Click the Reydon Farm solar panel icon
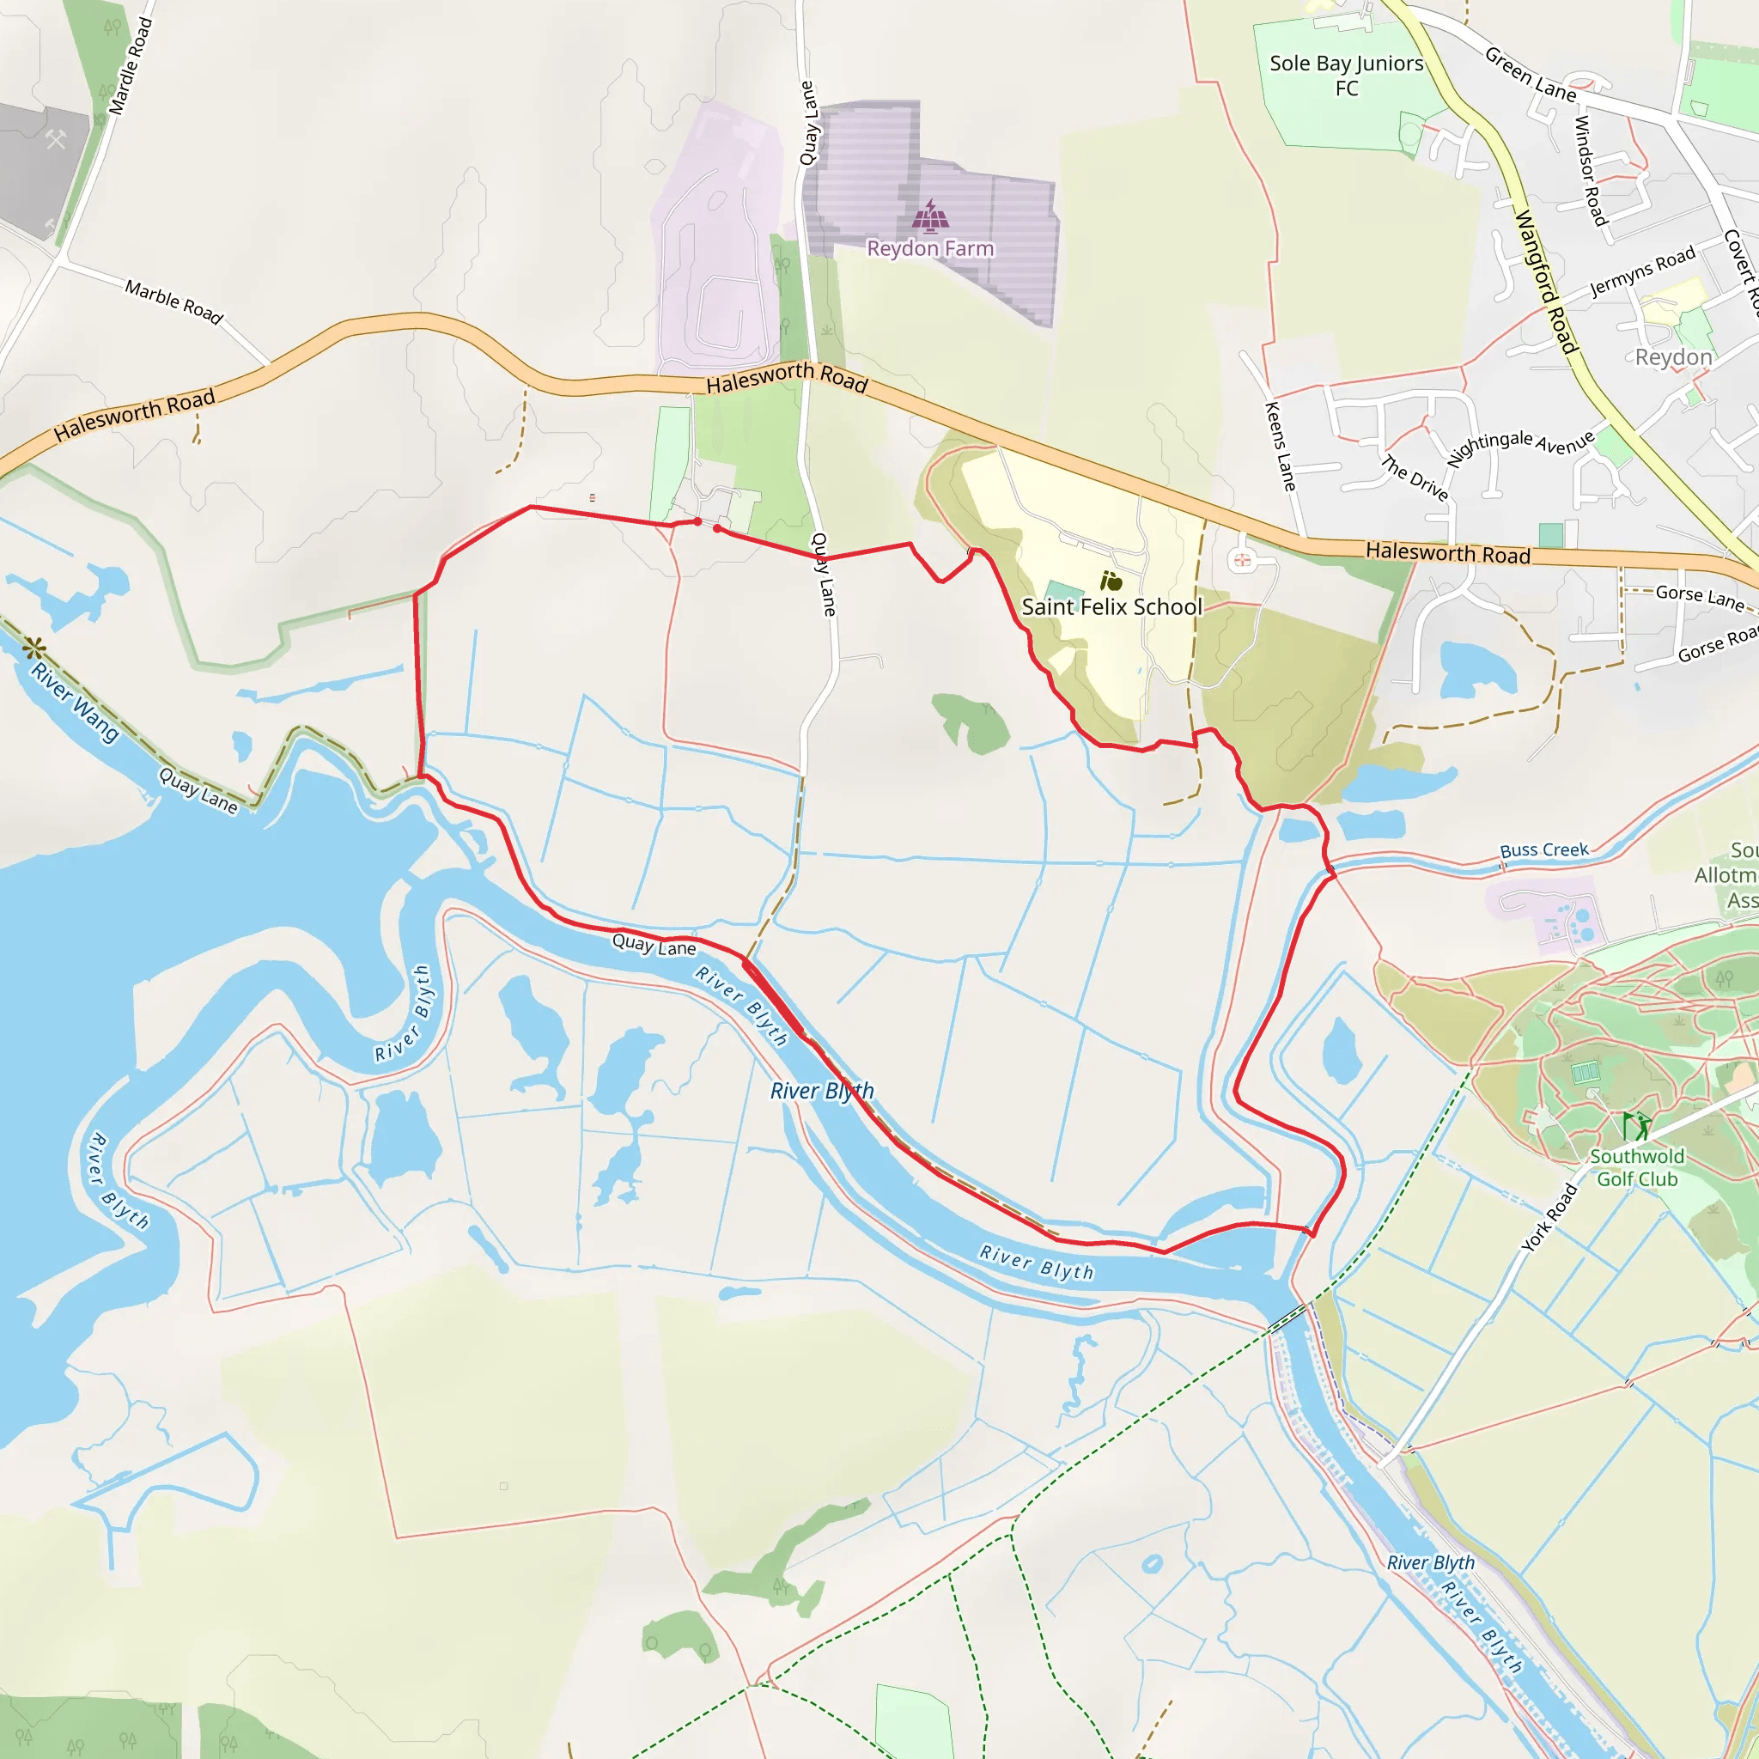929,216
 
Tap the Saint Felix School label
1111,607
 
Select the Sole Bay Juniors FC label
1346,76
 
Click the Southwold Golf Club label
1637,1167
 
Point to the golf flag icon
1636,1125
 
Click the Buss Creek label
1544,849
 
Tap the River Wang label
75,702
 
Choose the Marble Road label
173,301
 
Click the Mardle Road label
131,66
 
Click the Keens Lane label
1280,446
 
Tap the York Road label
1549,1216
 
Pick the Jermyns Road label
1642,271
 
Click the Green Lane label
1531,75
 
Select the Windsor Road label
1590,170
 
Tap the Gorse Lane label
1700,597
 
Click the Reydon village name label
1673,357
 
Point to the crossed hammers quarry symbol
56,139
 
